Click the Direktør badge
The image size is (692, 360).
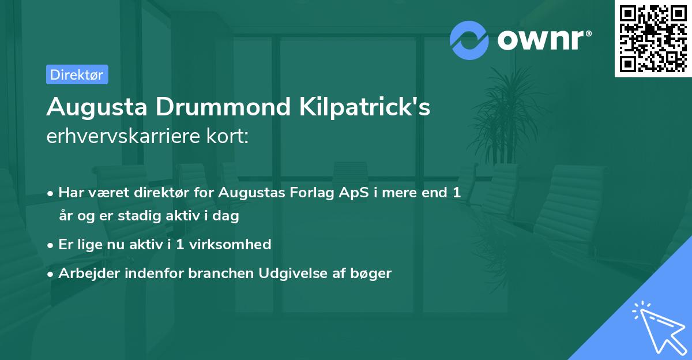tap(77, 74)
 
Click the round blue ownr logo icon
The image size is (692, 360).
tap(469, 40)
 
